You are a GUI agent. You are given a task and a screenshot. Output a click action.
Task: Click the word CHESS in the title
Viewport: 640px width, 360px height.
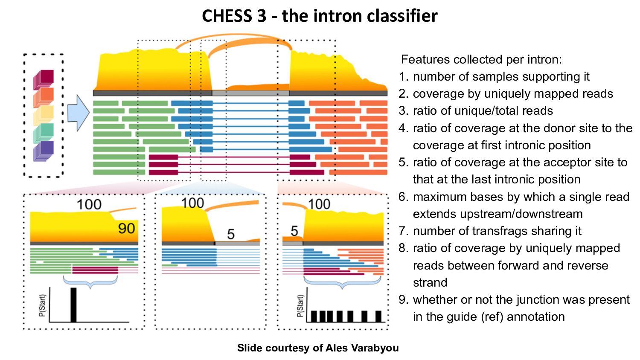pos(234,16)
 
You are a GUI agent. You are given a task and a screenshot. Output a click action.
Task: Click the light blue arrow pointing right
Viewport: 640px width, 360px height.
pos(78,113)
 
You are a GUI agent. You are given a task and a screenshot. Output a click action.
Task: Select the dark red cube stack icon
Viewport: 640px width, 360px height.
pos(44,80)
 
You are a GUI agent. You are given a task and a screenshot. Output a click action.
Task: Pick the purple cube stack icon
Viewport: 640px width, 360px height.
pos(44,151)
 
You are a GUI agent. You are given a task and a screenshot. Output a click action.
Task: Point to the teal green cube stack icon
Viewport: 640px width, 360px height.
pos(44,133)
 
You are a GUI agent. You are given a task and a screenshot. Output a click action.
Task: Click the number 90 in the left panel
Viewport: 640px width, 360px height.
pos(127,229)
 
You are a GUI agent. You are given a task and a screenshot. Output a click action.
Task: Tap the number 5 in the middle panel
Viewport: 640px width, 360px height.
pos(231,235)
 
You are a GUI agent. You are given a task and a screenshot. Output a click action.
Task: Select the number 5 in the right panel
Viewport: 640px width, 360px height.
pos(294,231)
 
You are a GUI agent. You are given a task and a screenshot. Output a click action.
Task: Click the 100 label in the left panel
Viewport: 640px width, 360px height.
pos(89,205)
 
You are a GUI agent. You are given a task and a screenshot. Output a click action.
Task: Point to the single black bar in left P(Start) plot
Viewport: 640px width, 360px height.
pos(73,305)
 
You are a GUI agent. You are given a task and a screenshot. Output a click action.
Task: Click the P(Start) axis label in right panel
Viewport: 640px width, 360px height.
pos(300,306)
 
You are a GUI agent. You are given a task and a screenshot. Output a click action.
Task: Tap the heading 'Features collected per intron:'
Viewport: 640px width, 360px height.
pos(481,60)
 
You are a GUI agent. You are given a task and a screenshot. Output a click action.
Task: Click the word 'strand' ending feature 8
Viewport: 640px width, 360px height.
pos(430,282)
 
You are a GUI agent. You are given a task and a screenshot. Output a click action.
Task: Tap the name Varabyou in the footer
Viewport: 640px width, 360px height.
pos(375,348)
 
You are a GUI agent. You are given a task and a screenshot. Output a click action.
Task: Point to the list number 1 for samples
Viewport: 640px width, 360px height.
pos(403,77)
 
